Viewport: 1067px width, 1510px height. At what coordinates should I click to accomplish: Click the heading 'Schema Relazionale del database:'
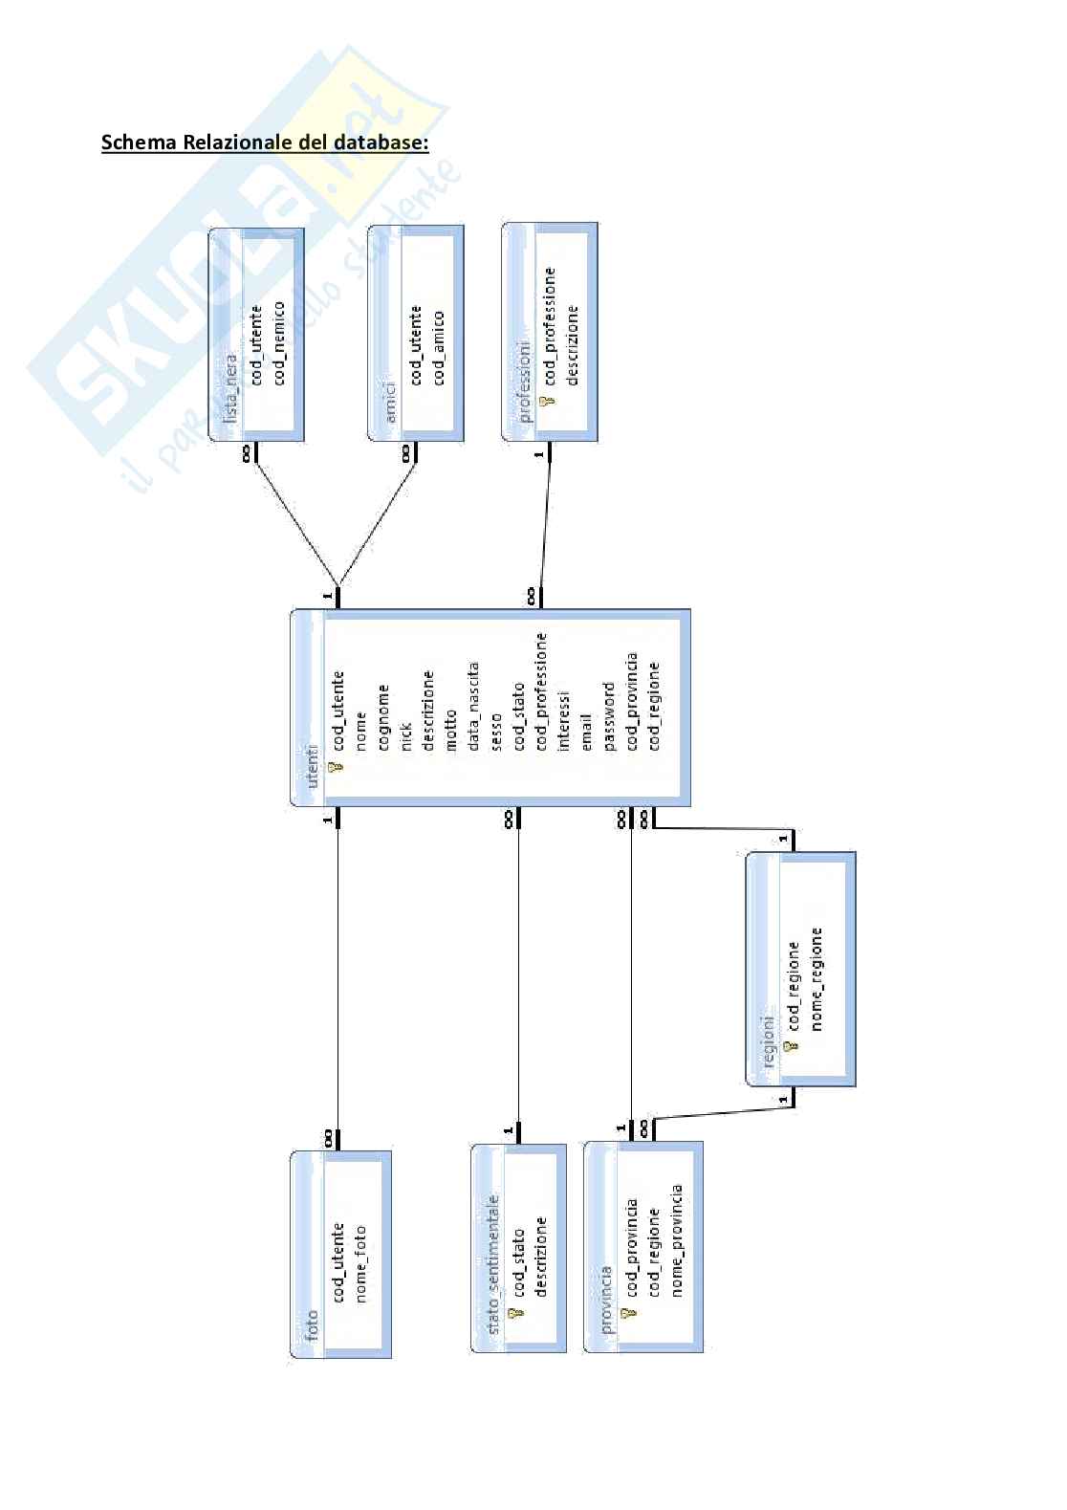coord(265,142)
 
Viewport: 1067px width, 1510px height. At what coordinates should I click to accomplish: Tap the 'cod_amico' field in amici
coord(438,346)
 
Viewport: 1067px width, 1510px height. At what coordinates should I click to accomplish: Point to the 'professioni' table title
coord(524,382)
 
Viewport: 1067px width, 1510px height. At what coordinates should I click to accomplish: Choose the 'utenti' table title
coord(311,765)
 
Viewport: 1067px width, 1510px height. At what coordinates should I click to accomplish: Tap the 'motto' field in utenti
coord(450,729)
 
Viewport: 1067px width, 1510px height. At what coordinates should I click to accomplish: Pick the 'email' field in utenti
coord(586,730)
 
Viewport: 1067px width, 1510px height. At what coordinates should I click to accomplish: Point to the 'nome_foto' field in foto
coord(360,1262)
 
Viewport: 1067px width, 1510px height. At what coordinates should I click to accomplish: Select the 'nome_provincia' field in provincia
coord(677,1240)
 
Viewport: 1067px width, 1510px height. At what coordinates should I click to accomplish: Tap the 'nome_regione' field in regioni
coord(816,977)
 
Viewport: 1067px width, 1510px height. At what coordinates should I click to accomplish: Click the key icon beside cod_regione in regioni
coord(791,1047)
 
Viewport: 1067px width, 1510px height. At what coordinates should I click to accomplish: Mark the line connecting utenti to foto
coord(338,975)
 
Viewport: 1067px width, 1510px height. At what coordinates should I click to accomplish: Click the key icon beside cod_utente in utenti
coord(335,767)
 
